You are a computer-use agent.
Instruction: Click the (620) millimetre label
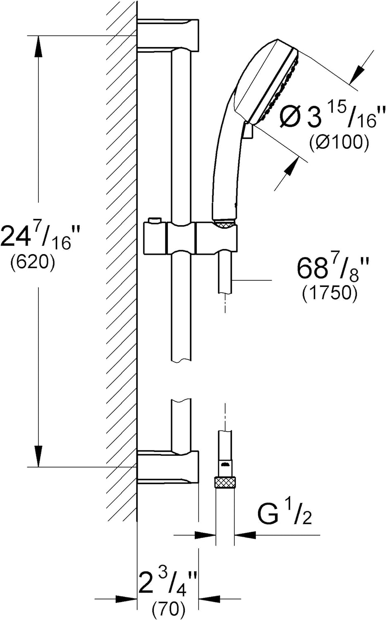(33, 261)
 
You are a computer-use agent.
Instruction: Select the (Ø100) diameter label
(339, 143)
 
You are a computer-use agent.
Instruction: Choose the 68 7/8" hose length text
(333, 268)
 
